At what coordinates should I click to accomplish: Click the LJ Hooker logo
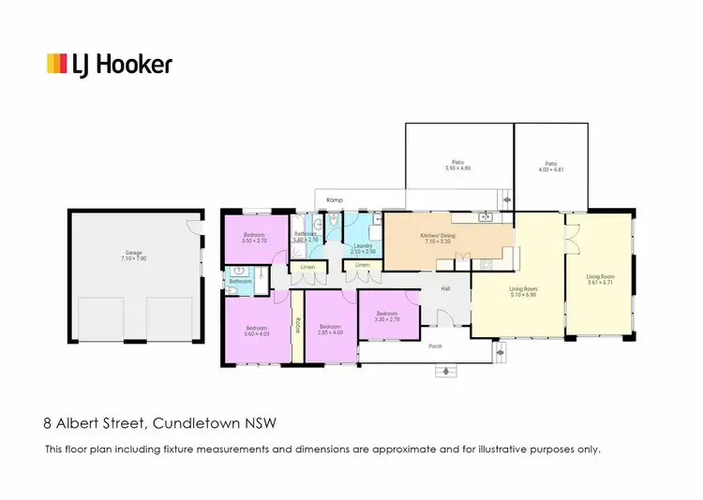click(x=110, y=64)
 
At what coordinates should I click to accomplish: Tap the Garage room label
click(x=134, y=254)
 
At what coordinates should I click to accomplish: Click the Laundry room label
click(x=363, y=247)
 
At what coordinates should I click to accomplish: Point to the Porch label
click(x=434, y=344)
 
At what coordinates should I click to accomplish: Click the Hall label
click(x=445, y=288)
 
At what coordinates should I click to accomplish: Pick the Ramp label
click(x=333, y=200)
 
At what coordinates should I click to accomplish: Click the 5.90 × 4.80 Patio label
click(x=457, y=167)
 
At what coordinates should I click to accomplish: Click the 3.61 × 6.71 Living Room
click(x=600, y=279)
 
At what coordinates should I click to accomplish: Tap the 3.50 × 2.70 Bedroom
click(x=255, y=237)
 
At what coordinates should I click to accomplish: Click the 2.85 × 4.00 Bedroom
click(x=330, y=331)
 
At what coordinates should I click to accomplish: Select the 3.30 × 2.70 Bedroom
click(x=387, y=316)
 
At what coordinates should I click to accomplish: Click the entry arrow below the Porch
click(x=445, y=371)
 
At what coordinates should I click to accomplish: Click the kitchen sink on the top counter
click(x=486, y=217)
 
